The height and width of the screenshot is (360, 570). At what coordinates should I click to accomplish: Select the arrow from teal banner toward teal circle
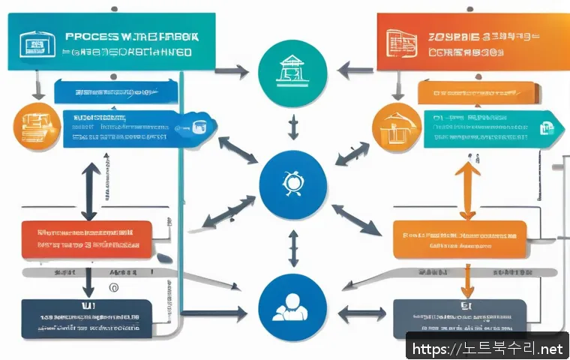[x=232, y=73]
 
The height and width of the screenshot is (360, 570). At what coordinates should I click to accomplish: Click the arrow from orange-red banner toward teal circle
[x=353, y=71]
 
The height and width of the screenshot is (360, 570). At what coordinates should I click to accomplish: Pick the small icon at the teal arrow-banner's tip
[x=547, y=128]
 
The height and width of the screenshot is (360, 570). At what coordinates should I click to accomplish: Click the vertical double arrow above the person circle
[x=293, y=249]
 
